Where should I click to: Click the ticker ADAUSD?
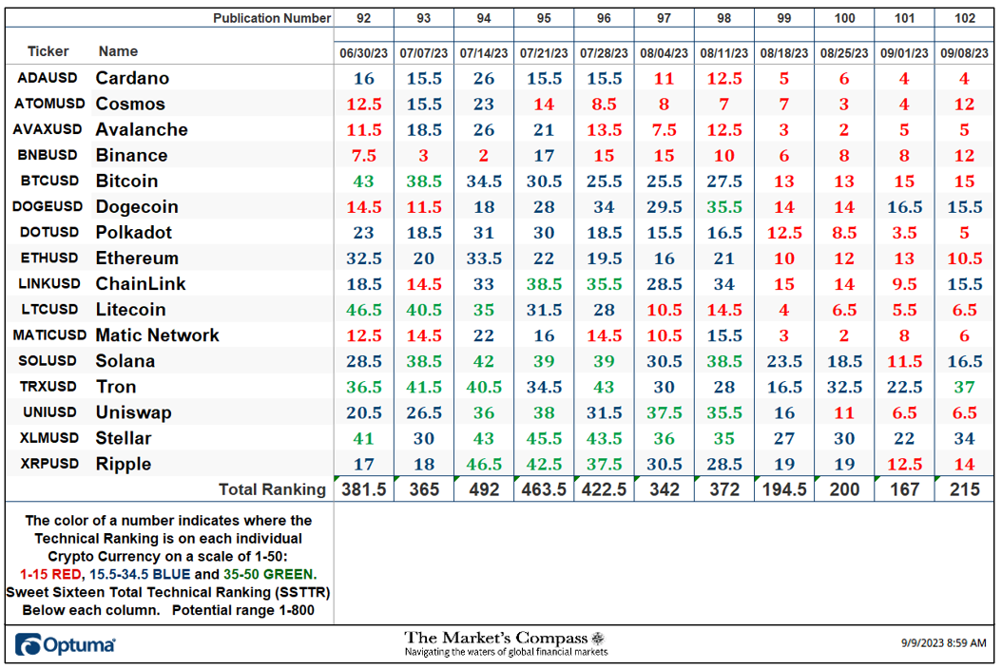48,78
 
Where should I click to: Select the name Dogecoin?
137,207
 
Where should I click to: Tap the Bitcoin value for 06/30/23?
363,182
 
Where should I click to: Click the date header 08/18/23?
784,53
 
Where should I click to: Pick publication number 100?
844,18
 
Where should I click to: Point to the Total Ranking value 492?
484,489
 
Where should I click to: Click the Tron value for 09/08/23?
964,387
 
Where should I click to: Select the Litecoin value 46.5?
363,310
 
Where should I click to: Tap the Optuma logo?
66,644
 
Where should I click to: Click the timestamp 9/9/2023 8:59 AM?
943,642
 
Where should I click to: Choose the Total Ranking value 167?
904,489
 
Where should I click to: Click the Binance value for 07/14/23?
484,156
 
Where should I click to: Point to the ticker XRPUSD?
49,464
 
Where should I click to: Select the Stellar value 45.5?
544,439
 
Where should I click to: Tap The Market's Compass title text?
496,638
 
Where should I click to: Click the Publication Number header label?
272,18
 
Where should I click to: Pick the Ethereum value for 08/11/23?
724,258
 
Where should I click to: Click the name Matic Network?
157,335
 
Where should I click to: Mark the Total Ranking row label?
272,489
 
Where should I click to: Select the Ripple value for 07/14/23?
484,465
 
